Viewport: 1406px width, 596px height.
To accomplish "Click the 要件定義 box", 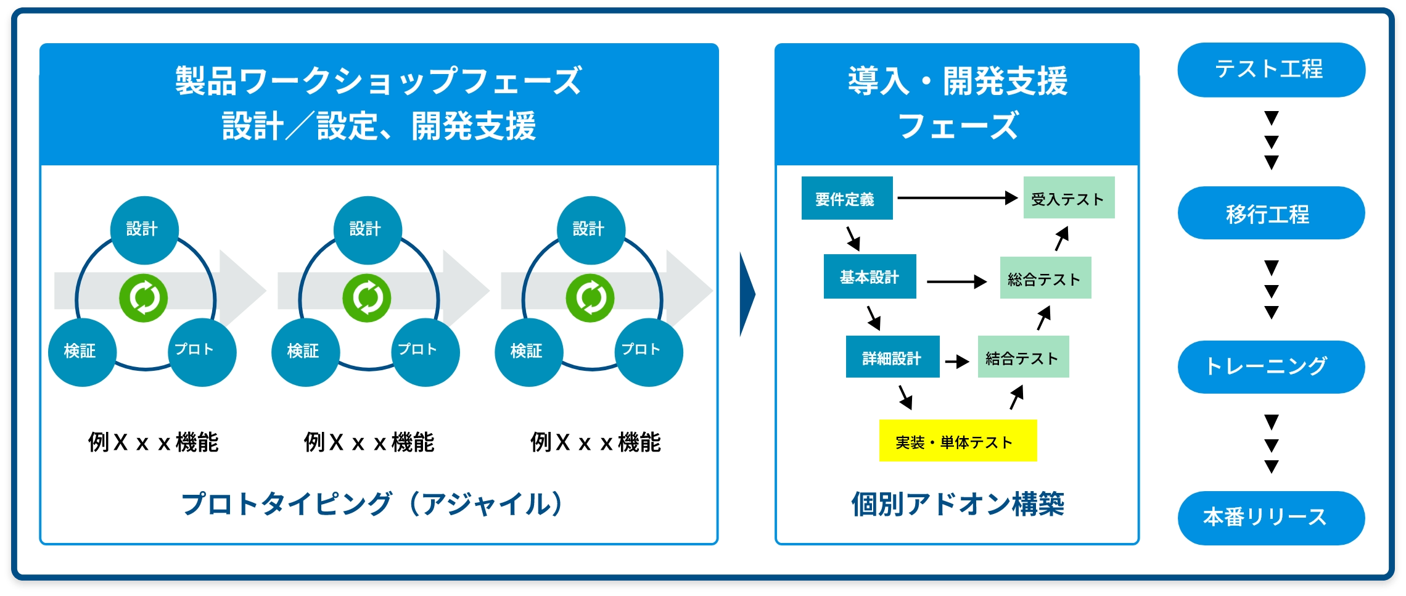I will coord(847,198).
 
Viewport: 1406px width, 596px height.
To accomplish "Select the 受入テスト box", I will coord(1069,198).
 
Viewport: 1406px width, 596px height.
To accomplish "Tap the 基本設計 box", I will coord(869,276).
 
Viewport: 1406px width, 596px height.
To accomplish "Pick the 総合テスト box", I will coord(1045,278).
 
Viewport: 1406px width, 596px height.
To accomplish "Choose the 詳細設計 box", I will coord(892,357).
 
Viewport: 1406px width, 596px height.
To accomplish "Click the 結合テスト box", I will coord(1023,357).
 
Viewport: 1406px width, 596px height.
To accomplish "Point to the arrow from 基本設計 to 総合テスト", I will coord(956,282).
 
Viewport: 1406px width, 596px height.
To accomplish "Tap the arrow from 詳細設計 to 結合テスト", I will coord(957,361).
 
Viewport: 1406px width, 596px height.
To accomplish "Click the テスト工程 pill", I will coord(1271,70).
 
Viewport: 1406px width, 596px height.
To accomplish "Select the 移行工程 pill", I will coord(1271,213).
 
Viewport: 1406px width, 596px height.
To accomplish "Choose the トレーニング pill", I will coord(1271,366).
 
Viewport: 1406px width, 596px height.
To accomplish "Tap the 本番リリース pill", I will coord(1271,518).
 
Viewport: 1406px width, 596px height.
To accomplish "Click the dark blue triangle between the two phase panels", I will coord(746,294).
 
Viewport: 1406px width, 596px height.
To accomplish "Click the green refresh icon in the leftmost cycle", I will coord(143,298).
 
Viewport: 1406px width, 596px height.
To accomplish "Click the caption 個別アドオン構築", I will coord(958,504).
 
